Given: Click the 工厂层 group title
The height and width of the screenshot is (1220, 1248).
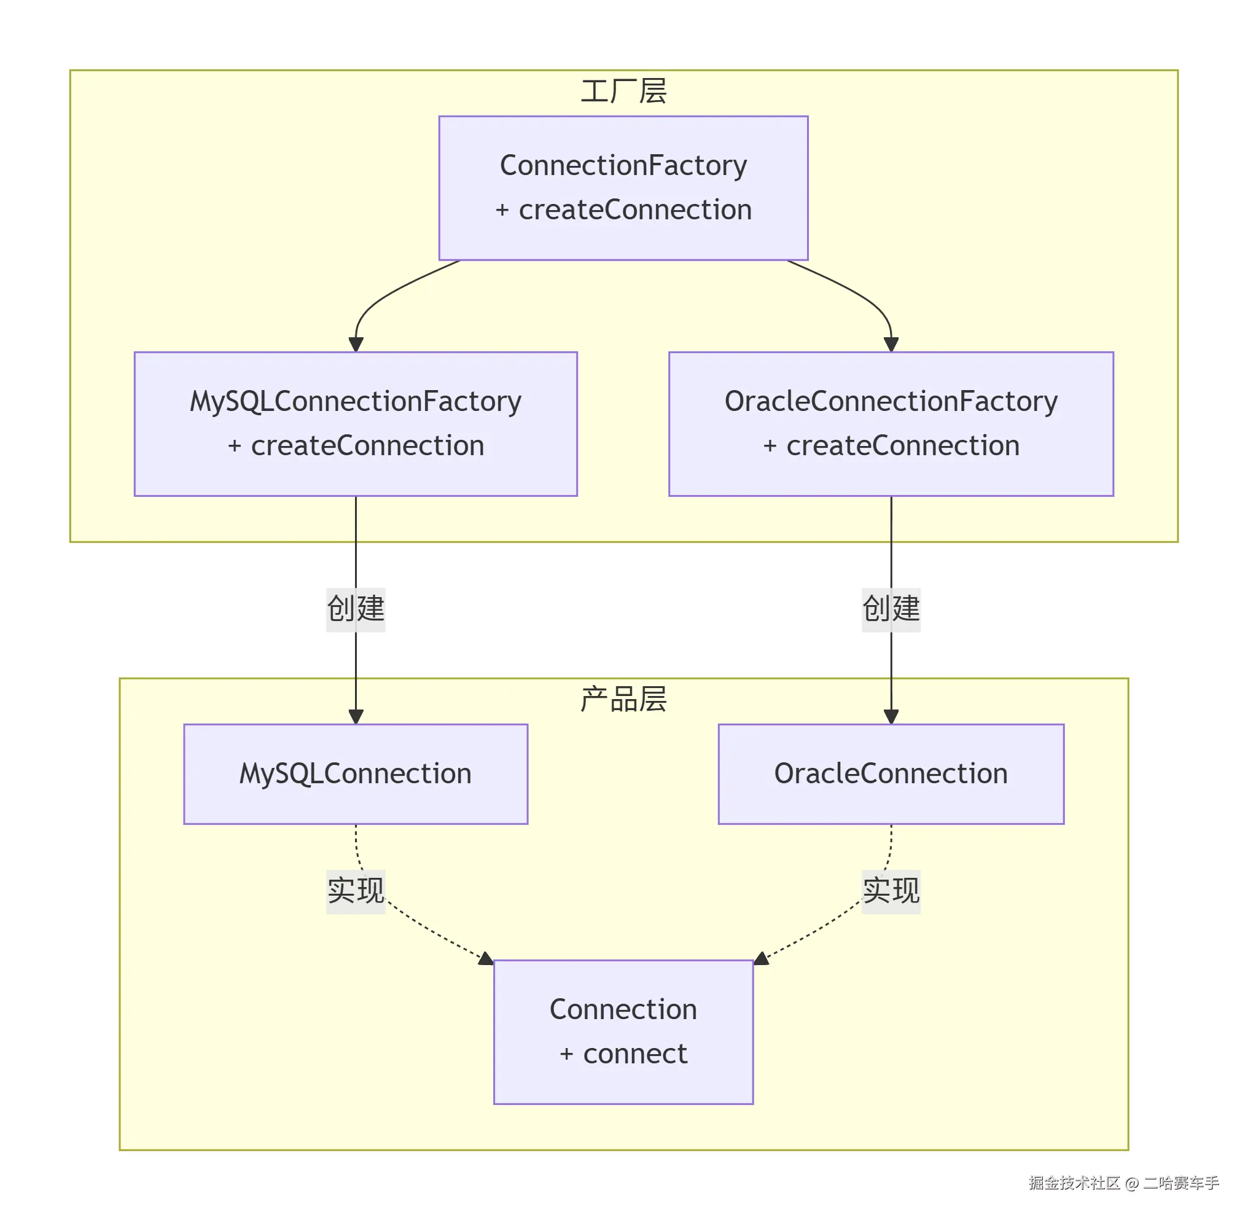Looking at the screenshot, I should [623, 91].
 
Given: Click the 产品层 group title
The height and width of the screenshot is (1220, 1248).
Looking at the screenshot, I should [623, 699].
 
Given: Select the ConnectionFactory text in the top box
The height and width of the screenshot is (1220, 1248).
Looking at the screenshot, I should [623, 165].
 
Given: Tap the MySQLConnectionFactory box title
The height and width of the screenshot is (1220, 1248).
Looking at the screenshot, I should [356, 402].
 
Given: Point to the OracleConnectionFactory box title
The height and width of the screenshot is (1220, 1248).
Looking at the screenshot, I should [891, 402].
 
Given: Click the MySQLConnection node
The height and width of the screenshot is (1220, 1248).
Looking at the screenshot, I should [356, 773].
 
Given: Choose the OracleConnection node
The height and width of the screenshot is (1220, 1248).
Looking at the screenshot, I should [891, 773].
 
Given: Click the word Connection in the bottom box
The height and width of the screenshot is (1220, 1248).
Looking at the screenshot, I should [623, 1009].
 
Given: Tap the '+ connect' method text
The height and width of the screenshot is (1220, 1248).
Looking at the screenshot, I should [623, 1054].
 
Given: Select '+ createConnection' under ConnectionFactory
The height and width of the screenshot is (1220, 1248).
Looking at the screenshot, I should [623, 210].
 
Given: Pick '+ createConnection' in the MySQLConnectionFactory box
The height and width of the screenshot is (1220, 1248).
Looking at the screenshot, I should [356, 446].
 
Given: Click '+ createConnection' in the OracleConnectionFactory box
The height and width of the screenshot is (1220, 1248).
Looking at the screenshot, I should [891, 446].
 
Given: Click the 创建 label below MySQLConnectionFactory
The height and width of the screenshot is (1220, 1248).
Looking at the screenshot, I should [356, 609].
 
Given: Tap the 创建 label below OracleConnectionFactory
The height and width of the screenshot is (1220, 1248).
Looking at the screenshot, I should [891, 609].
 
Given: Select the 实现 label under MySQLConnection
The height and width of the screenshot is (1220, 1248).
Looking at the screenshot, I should [356, 891].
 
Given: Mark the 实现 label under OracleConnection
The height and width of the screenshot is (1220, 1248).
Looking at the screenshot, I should [891, 891].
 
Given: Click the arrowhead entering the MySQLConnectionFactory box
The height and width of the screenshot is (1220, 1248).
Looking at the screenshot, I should [356, 345].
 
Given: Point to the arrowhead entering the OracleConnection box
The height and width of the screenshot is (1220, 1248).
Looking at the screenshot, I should [891, 716].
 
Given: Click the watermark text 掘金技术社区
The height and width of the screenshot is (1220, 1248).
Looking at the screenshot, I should [1074, 1182].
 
